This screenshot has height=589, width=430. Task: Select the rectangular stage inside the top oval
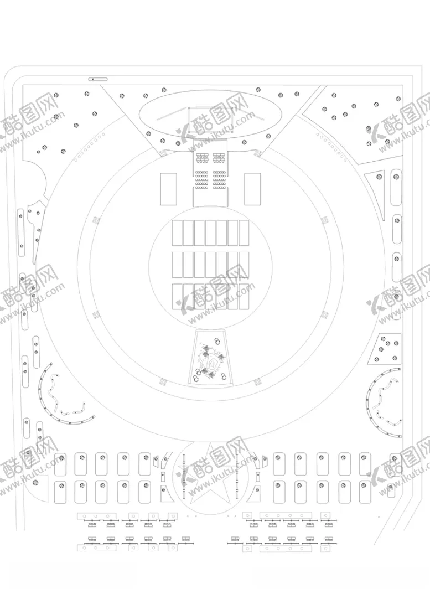pos(210,120)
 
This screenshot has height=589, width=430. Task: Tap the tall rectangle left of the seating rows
pos(168,189)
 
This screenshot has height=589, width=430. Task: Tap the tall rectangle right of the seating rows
pos(252,189)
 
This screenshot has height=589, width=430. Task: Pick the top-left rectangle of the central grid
pos(177,233)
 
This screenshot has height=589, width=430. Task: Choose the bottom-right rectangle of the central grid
pos(244,297)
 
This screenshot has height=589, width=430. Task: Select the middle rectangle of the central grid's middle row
pos(211,265)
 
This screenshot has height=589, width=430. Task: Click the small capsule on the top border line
pos(98,79)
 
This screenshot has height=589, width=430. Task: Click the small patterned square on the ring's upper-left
pos(96,220)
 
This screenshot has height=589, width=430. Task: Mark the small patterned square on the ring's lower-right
pos(325,314)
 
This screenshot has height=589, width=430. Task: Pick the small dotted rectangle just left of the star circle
pos(163,476)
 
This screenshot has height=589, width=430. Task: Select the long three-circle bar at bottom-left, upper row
pos(96,515)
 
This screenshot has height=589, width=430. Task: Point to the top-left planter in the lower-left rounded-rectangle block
pos(61,464)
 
